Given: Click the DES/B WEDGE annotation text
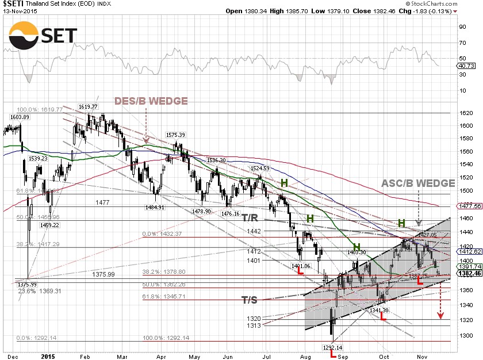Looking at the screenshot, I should [151, 101].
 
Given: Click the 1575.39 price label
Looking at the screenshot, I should [175, 135].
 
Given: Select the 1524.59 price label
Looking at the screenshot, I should [259, 168].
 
